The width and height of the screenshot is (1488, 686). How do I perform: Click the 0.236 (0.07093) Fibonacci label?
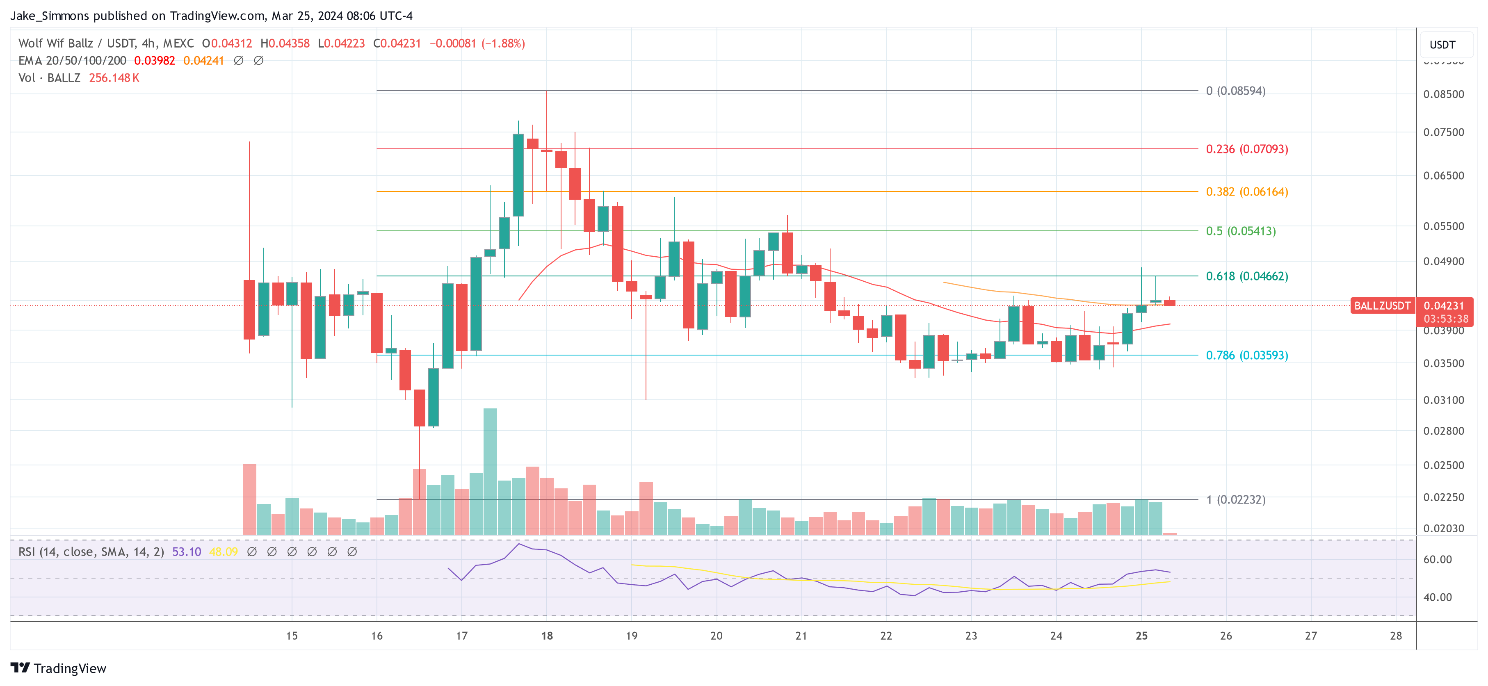click(1246, 149)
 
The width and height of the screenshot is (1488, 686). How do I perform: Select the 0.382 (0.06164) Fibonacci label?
click(1246, 192)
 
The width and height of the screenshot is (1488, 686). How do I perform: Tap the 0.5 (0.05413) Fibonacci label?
click(1240, 231)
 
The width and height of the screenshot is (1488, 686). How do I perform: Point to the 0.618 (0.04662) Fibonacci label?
click(1246, 276)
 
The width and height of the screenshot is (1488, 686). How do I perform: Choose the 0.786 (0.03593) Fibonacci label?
click(1246, 355)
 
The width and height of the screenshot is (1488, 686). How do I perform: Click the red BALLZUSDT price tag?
click(1382, 306)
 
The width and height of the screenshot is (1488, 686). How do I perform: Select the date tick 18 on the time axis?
click(546, 636)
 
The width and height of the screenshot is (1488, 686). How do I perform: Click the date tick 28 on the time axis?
click(1396, 636)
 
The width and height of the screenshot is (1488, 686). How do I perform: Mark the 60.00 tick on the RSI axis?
click(1437, 559)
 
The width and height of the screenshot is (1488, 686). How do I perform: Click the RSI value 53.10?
click(187, 552)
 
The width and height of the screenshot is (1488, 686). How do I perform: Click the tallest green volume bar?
click(490, 471)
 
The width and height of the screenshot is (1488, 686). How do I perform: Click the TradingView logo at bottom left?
click(58, 668)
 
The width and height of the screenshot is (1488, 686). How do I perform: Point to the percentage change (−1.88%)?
click(503, 43)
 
